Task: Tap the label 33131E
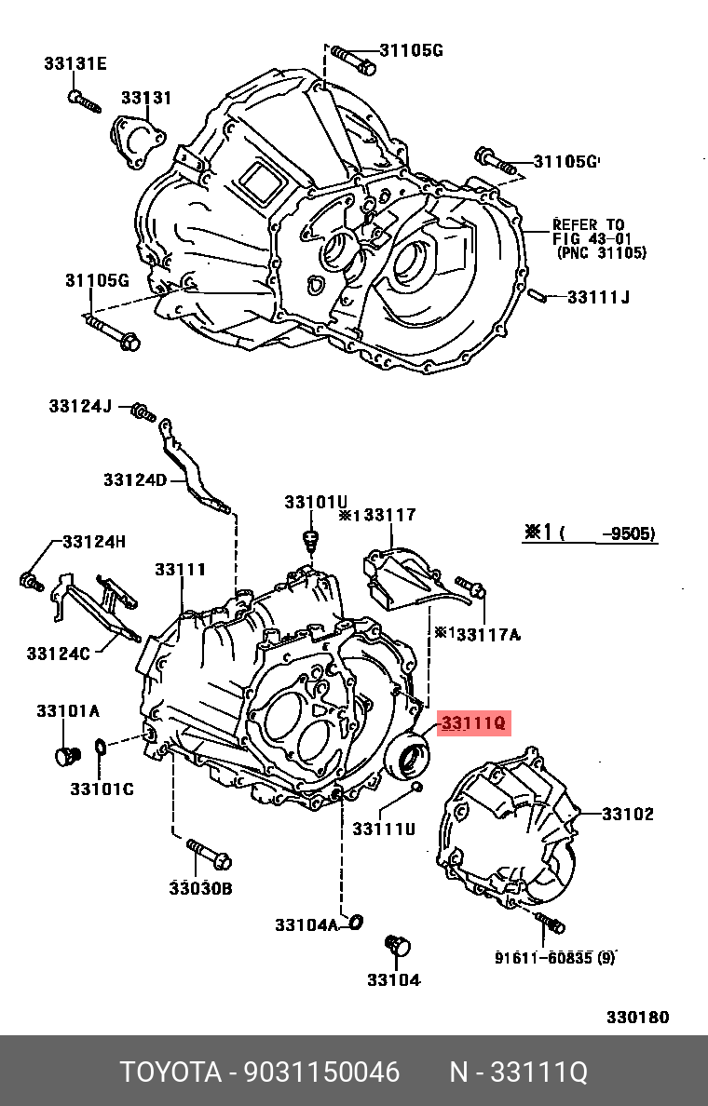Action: (x=75, y=63)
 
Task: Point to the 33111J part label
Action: (x=598, y=297)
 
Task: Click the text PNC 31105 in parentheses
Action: (x=601, y=252)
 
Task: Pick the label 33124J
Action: (x=80, y=406)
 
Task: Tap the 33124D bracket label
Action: (x=134, y=479)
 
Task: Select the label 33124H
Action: (x=93, y=542)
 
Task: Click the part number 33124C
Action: (x=58, y=654)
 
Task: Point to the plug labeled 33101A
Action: (x=65, y=755)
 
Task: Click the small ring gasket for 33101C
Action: (x=101, y=747)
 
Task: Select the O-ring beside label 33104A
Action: (x=354, y=922)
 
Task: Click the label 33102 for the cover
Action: (x=627, y=814)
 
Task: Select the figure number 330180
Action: (x=637, y=1018)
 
